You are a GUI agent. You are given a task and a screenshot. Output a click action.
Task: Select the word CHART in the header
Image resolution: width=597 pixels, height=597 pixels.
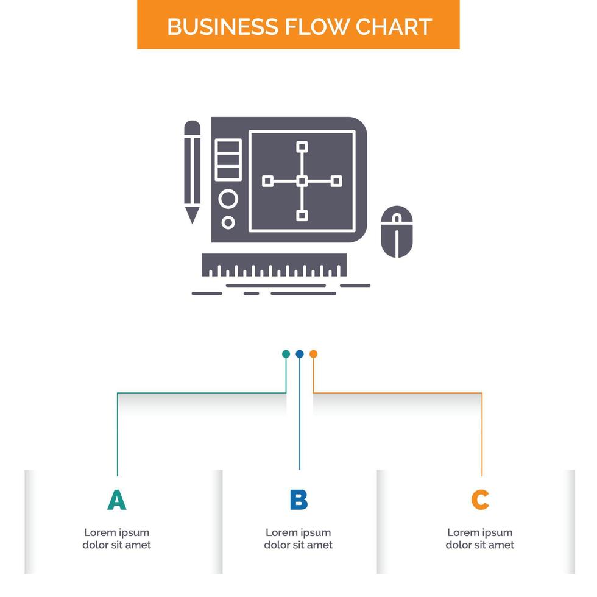coord(395,27)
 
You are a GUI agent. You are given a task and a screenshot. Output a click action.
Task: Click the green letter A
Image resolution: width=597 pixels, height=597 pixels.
coord(116,500)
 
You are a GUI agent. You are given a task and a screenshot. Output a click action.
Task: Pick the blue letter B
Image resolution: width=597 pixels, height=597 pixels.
coord(298,500)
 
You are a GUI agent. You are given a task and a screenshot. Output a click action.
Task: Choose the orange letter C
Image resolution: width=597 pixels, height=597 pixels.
coord(480,500)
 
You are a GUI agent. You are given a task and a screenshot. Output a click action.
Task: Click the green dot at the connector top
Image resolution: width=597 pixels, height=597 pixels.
coord(286,354)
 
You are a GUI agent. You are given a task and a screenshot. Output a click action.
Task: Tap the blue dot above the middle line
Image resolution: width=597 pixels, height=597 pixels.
coord(299,354)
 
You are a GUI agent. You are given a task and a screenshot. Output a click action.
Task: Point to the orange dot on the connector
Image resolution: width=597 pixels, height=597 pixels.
coord(313,354)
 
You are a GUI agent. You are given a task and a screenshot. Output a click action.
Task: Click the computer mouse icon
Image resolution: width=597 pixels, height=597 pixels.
coord(396,231)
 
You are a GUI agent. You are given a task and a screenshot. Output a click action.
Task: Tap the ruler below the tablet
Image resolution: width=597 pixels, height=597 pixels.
coord(274,265)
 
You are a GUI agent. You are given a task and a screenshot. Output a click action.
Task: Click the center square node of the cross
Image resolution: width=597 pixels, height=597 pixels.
coord(302,181)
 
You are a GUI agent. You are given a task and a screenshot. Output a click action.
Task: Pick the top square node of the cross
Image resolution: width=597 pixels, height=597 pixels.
coord(302,146)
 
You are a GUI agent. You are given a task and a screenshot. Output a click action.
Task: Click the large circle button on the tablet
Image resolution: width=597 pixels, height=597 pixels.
coord(228,199)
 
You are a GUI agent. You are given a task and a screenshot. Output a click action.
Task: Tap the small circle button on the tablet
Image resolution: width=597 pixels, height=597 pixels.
coord(228,222)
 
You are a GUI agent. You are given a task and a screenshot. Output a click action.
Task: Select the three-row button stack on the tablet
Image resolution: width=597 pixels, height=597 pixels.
coord(228,160)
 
